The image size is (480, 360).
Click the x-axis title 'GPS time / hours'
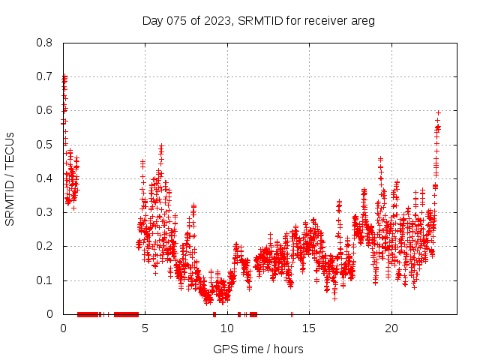tap(259, 349)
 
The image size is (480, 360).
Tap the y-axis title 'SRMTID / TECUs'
tap(10, 178)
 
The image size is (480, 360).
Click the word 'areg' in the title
tap(362, 21)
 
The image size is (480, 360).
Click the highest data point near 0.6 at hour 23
tap(438, 112)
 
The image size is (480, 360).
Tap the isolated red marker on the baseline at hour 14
tap(292, 314)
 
